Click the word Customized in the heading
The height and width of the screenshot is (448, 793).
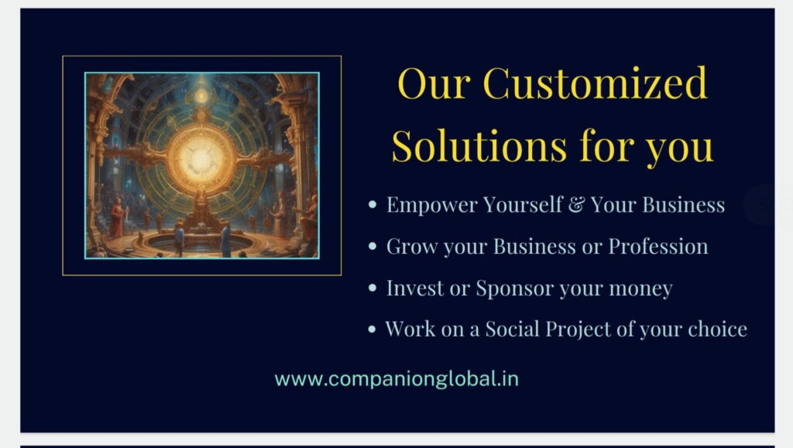[x=595, y=83]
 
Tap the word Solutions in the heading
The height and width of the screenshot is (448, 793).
[x=479, y=146]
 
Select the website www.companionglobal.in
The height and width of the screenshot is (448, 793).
[x=396, y=379]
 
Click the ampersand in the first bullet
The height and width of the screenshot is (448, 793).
[x=576, y=204]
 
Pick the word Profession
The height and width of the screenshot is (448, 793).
[x=658, y=247]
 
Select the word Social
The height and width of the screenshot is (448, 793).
[x=513, y=329]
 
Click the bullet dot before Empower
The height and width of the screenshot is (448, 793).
[x=372, y=204]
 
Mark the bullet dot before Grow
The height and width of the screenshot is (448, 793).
[x=372, y=247]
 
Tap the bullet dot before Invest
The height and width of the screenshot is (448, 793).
[x=372, y=288]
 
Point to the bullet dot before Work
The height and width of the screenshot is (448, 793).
[x=372, y=330]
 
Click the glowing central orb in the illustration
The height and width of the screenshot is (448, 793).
[x=201, y=158]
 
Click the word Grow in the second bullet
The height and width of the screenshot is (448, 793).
[x=412, y=247]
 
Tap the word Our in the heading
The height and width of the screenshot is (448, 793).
[x=434, y=84]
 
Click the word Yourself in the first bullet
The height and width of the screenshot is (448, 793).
[x=523, y=204]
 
